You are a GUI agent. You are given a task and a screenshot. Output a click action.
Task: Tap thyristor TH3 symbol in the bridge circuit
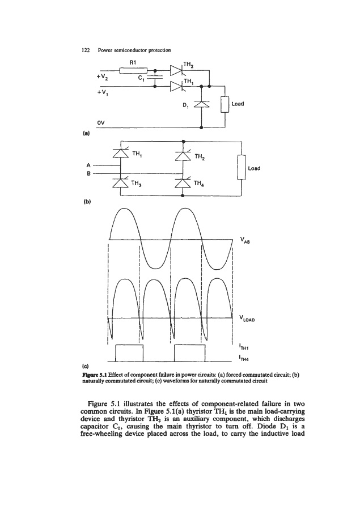tap(120, 182)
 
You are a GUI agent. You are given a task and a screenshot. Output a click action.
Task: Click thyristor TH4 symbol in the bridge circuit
tap(182, 182)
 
